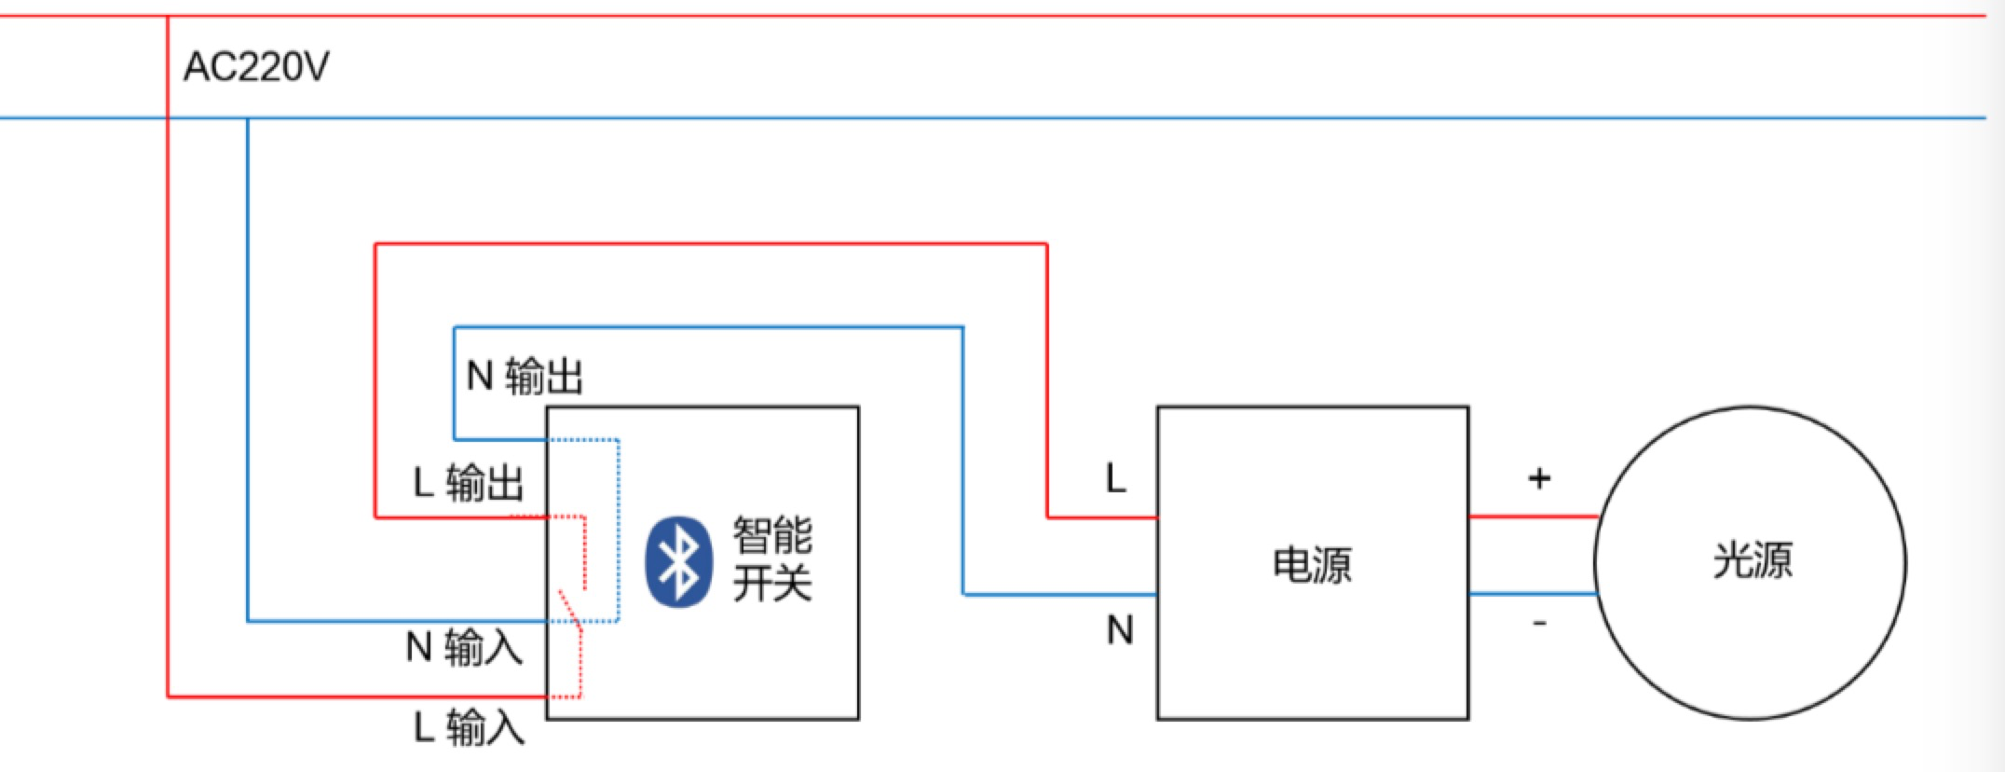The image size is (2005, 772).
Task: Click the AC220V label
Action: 256,67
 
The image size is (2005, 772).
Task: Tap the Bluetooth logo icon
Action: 679,561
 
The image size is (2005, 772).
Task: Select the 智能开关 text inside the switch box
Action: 771,559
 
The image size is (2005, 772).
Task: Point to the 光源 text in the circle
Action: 1752,561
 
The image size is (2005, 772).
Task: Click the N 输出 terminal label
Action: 525,377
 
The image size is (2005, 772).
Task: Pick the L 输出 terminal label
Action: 469,483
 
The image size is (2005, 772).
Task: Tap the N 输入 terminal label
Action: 464,647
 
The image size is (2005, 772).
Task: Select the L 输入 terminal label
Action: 469,727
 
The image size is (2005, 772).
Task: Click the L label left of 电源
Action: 1115,479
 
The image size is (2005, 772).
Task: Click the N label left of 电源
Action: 1119,631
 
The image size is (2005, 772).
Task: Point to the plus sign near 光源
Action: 1539,479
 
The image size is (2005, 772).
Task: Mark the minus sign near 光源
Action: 1539,623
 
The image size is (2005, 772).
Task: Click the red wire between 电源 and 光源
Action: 1533,517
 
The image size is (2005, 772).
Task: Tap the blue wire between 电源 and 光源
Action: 1533,594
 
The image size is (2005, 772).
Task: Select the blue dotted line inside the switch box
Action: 618,531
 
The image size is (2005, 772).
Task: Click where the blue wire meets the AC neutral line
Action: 248,118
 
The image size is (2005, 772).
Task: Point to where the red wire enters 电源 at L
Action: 1156,517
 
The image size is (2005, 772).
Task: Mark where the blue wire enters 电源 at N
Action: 1156,595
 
